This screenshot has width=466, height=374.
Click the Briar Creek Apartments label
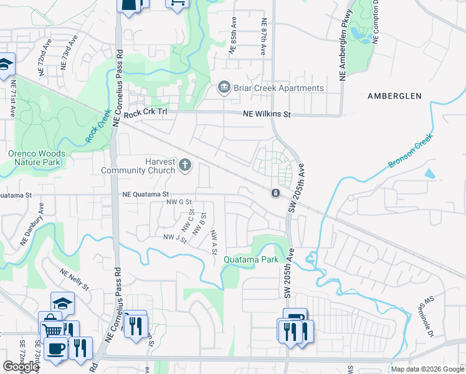pyautogui.click(x=278, y=88)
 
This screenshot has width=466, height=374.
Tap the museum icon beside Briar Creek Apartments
pyautogui.click(x=224, y=88)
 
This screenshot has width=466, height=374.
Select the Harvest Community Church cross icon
pyautogui.click(x=184, y=165)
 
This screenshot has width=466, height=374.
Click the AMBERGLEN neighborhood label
pyautogui.click(x=394, y=96)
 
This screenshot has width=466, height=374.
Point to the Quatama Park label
pyautogui.click(x=251, y=259)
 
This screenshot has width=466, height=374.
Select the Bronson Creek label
pyautogui.click(x=410, y=151)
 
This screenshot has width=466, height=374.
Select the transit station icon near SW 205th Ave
pyautogui.click(x=274, y=194)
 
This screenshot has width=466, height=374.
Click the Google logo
pyautogui.click(x=21, y=367)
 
